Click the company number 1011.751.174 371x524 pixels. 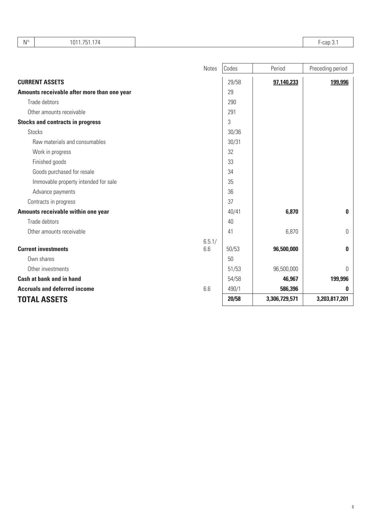click(85, 42)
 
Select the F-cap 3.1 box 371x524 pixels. click(328, 42)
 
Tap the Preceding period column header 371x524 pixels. click(328, 68)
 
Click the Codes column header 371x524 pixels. click(231, 68)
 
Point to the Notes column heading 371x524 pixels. click(210, 68)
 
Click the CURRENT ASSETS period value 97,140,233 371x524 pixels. click(285, 82)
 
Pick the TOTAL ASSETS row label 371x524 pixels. click(42, 299)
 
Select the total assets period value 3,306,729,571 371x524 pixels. click(282, 299)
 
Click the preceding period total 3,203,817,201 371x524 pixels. click(332, 299)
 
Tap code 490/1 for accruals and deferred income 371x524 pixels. click(234, 289)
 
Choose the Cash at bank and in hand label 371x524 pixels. click(49, 279)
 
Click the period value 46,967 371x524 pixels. click(290, 279)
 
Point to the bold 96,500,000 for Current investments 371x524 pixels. click(285, 249)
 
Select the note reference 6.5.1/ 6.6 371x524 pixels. click(210, 245)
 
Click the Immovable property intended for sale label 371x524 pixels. click(74, 182)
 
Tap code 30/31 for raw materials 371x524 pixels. click(234, 142)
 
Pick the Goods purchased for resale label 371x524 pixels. click(63, 172)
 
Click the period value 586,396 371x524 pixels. click(289, 289)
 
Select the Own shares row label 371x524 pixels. click(41, 259)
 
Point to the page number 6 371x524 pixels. click(353, 507)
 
